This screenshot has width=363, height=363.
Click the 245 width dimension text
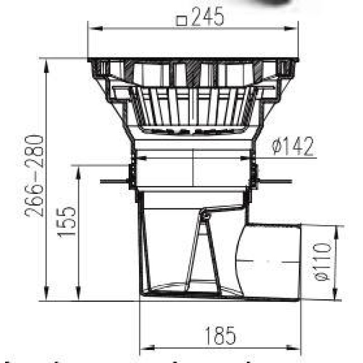(207, 17)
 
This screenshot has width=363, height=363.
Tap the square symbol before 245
(182, 20)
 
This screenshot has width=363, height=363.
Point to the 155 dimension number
(66, 221)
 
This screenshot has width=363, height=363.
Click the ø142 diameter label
(292, 146)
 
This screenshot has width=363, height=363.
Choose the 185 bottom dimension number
(220, 336)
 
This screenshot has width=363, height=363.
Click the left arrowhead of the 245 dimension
(95, 29)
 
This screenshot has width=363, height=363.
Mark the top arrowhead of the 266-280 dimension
(46, 65)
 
